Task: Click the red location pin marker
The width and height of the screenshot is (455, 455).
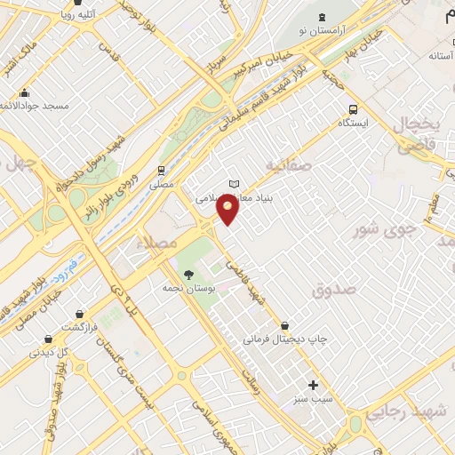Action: coord(228,211)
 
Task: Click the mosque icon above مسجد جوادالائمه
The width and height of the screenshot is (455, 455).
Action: coord(24,92)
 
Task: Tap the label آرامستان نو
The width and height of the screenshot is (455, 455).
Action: coord(322,31)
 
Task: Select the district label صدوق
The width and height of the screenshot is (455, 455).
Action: coord(334,290)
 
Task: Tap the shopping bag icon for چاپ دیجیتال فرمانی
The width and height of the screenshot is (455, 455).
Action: coord(283,325)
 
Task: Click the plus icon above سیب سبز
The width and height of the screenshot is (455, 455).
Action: coord(312,385)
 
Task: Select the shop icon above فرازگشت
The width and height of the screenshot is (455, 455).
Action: coord(48,339)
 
